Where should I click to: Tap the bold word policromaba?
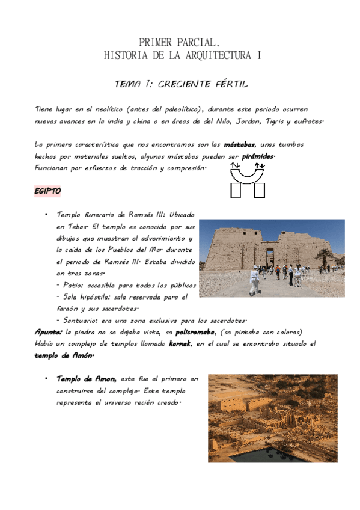point(195,332)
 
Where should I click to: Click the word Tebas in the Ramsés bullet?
point(80,227)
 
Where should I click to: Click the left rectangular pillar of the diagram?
point(236,190)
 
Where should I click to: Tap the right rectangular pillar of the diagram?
point(260,190)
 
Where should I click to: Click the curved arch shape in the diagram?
point(248,173)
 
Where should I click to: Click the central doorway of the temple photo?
point(270,259)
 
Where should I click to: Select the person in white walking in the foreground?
point(254,282)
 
